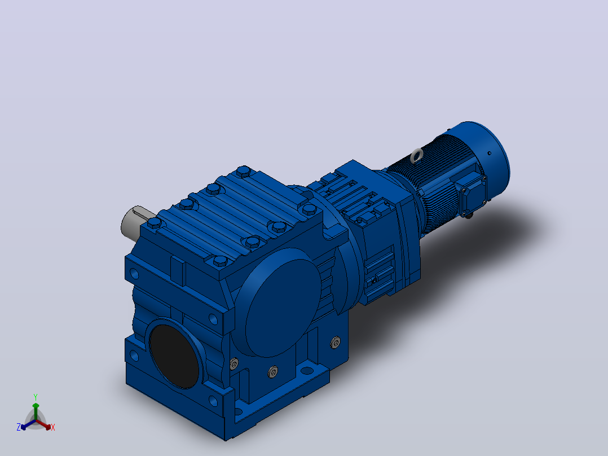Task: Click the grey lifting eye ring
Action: coord(417,155)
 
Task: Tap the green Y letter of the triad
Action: coord(36,397)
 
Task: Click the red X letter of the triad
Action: coord(53,427)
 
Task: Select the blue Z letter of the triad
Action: coord(18,427)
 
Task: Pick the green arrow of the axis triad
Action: coord(36,411)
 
